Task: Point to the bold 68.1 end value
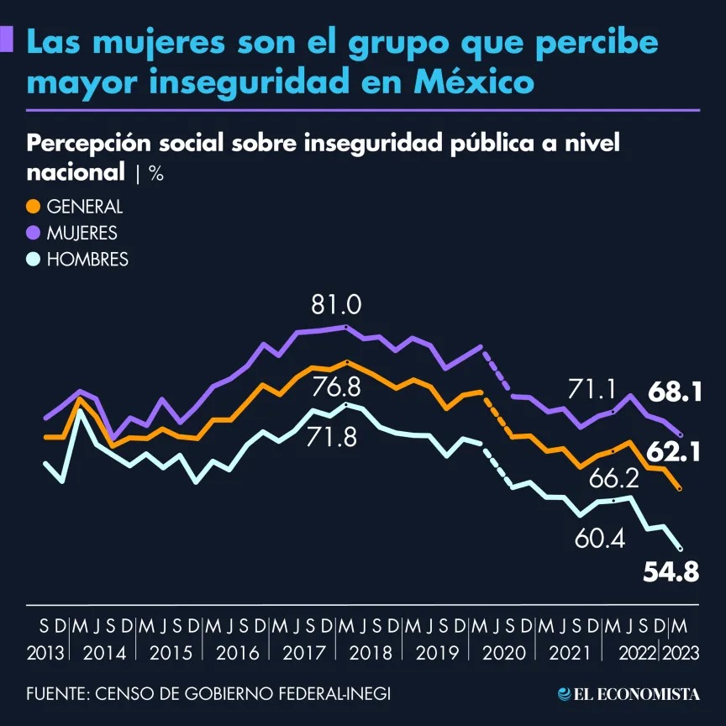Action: pyautogui.click(x=674, y=392)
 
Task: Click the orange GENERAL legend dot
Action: pyautogui.click(x=34, y=207)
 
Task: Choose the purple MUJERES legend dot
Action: pyautogui.click(x=34, y=233)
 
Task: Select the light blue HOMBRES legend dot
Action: pyautogui.click(x=34, y=260)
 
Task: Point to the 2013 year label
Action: pyautogui.click(x=50, y=652)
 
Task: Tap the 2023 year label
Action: pyautogui.click(x=681, y=652)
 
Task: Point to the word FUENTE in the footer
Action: pyautogui.click(x=55, y=694)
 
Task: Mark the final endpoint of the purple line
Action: pyautogui.click(x=680, y=435)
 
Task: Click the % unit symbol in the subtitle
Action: pyautogui.click(x=155, y=174)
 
